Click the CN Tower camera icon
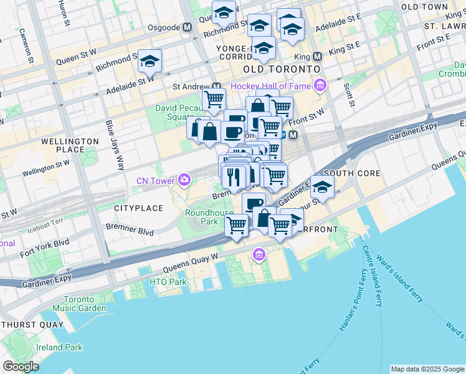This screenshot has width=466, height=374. [184, 180]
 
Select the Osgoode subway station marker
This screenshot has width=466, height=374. [187, 28]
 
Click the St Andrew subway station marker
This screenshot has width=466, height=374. [216, 87]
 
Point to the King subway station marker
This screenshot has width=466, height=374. [317, 55]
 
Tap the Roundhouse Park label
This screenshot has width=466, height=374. [209, 217]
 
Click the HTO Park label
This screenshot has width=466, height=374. [168, 282]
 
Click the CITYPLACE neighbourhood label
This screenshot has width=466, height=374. [138, 208]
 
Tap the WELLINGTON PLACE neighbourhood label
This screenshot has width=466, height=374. [70, 145]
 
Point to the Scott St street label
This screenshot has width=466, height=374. [347, 94]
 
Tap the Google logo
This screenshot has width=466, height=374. [21, 366]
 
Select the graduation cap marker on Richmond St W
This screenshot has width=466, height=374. [150, 61]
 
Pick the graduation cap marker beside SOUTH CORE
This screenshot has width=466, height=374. [322, 186]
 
